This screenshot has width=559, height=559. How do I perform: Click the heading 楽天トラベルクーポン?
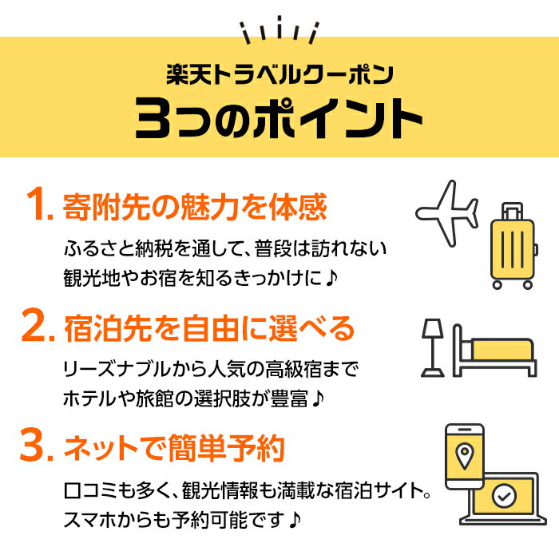click(x=279, y=77)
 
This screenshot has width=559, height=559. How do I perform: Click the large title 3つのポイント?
click(x=279, y=119)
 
